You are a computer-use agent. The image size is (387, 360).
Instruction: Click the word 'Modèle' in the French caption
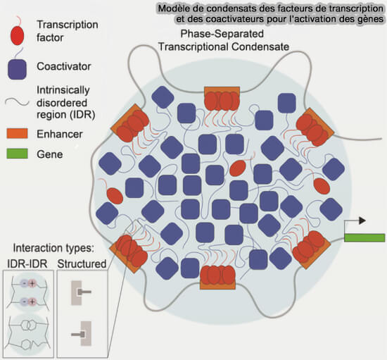click(x=178, y=8)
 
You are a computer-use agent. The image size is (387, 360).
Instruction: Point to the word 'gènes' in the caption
click(x=367, y=19)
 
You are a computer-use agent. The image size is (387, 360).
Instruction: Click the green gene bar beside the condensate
click(x=364, y=237)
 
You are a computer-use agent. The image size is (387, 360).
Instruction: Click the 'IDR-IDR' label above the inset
click(x=27, y=264)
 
